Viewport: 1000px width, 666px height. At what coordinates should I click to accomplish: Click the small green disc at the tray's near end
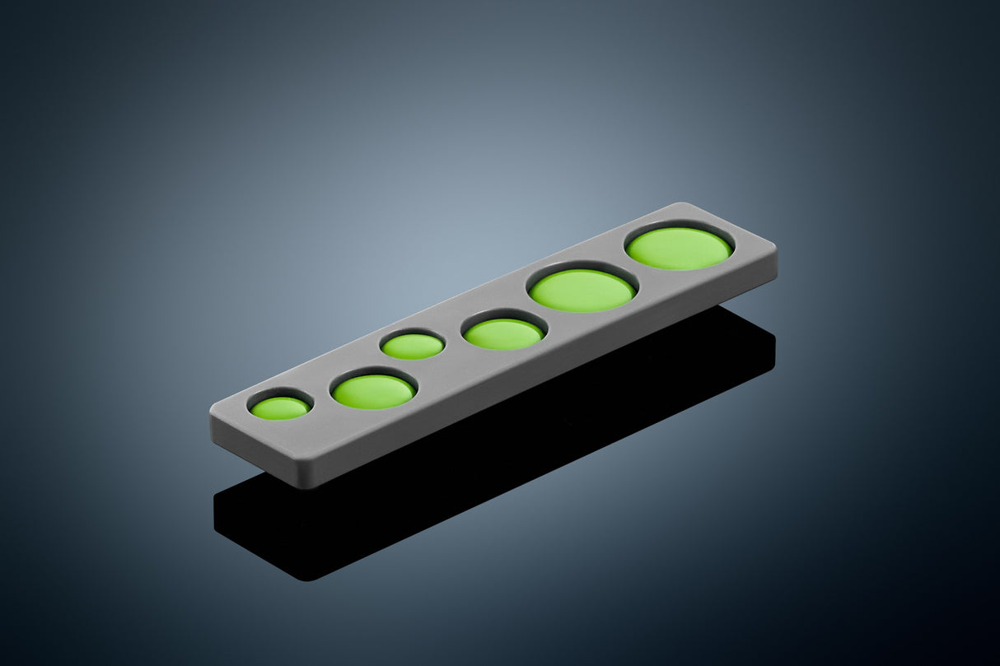click(x=280, y=408)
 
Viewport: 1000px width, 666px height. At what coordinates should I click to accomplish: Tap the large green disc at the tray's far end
click(x=678, y=249)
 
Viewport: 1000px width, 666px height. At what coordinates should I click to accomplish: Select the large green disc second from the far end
click(x=582, y=291)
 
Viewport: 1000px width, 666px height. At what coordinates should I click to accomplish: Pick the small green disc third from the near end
click(x=413, y=347)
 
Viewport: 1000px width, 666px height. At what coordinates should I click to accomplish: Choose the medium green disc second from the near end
click(x=373, y=392)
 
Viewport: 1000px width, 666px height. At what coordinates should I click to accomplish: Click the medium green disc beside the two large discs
click(x=502, y=334)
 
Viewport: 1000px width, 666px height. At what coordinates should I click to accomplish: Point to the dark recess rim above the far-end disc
click(x=677, y=226)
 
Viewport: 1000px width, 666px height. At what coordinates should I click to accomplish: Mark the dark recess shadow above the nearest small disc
click(x=280, y=396)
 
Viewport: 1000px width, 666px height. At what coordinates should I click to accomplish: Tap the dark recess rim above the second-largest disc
click(x=580, y=268)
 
